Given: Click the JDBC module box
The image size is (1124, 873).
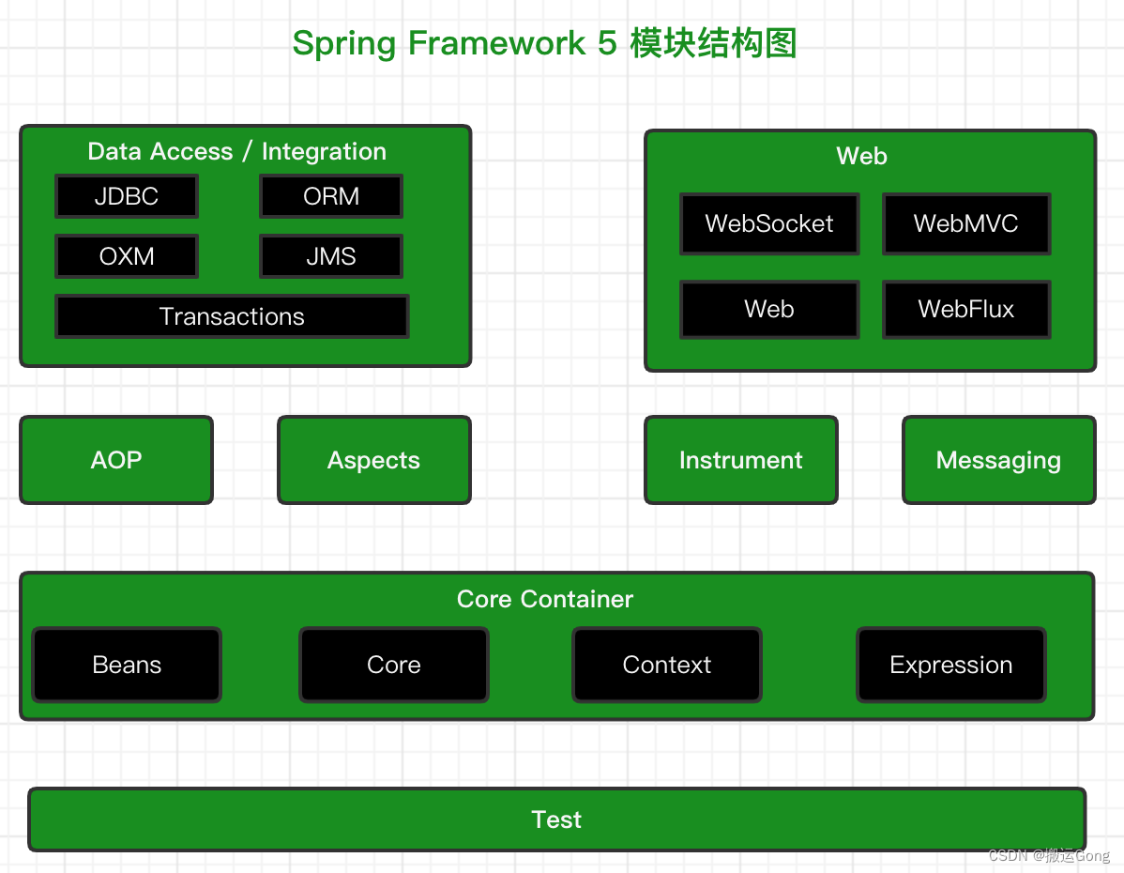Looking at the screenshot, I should click(x=127, y=197).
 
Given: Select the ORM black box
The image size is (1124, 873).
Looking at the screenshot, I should click(x=331, y=197).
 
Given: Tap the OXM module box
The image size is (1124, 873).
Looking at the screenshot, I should click(x=127, y=257).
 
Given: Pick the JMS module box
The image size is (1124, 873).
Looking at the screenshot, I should click(x=331, y=257).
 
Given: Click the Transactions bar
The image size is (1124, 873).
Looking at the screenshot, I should click(x=232, y=317).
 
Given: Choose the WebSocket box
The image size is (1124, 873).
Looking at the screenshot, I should click(x=769, y=224).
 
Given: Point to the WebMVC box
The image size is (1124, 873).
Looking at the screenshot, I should click(x=966, y=224).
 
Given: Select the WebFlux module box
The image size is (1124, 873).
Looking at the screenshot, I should click(x=966, y=310).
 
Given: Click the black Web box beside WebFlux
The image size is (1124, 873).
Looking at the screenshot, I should click(x=769, y=310).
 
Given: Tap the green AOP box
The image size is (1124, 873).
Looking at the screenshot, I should click(x=116, y=461).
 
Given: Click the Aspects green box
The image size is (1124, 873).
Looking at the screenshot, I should click(x=374, y=461).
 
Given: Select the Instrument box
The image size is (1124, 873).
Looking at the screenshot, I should click(x=741, y=461).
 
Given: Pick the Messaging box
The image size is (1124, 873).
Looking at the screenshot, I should click(x=998, y=461).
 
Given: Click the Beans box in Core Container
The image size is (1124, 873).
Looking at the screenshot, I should click(x=127, y=666).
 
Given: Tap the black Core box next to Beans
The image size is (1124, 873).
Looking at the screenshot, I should click(x=394, y=666).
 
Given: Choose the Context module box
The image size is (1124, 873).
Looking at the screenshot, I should click(x=667, y=666).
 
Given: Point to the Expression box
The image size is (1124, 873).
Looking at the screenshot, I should click(x=951, y=666).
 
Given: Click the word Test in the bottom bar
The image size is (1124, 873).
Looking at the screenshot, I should click(x=556, y=820).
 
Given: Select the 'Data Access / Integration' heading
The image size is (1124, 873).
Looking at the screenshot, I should click(x=237, y=152).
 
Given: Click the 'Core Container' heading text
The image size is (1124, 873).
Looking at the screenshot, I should click(x=545, y=600).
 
